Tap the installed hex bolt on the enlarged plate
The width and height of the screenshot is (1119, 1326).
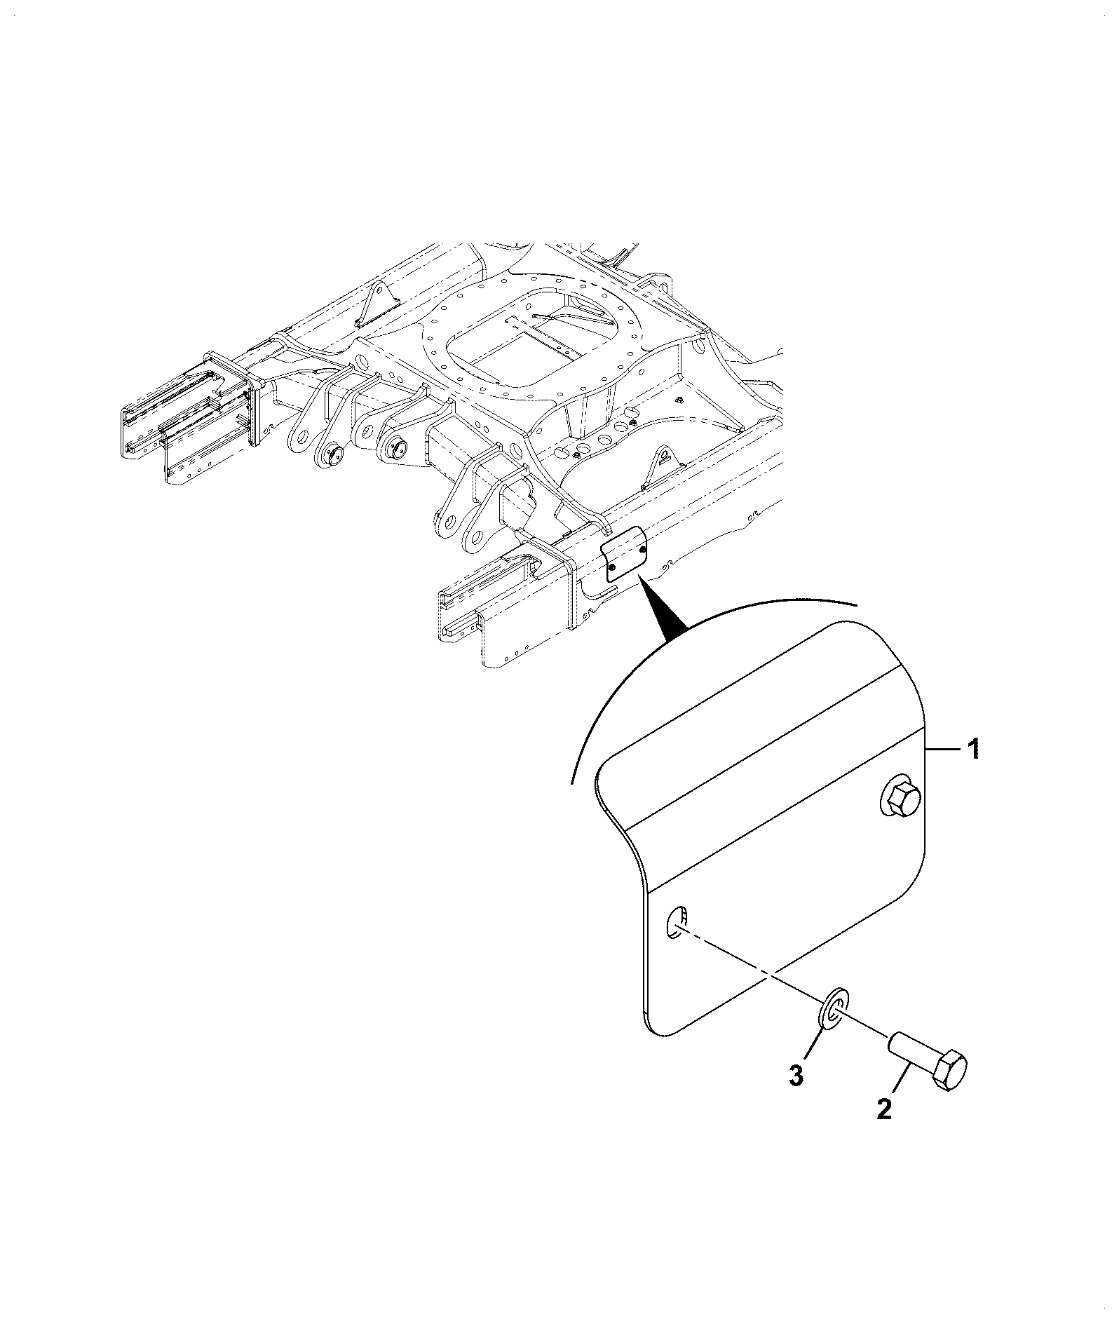[x=900, y=799]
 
